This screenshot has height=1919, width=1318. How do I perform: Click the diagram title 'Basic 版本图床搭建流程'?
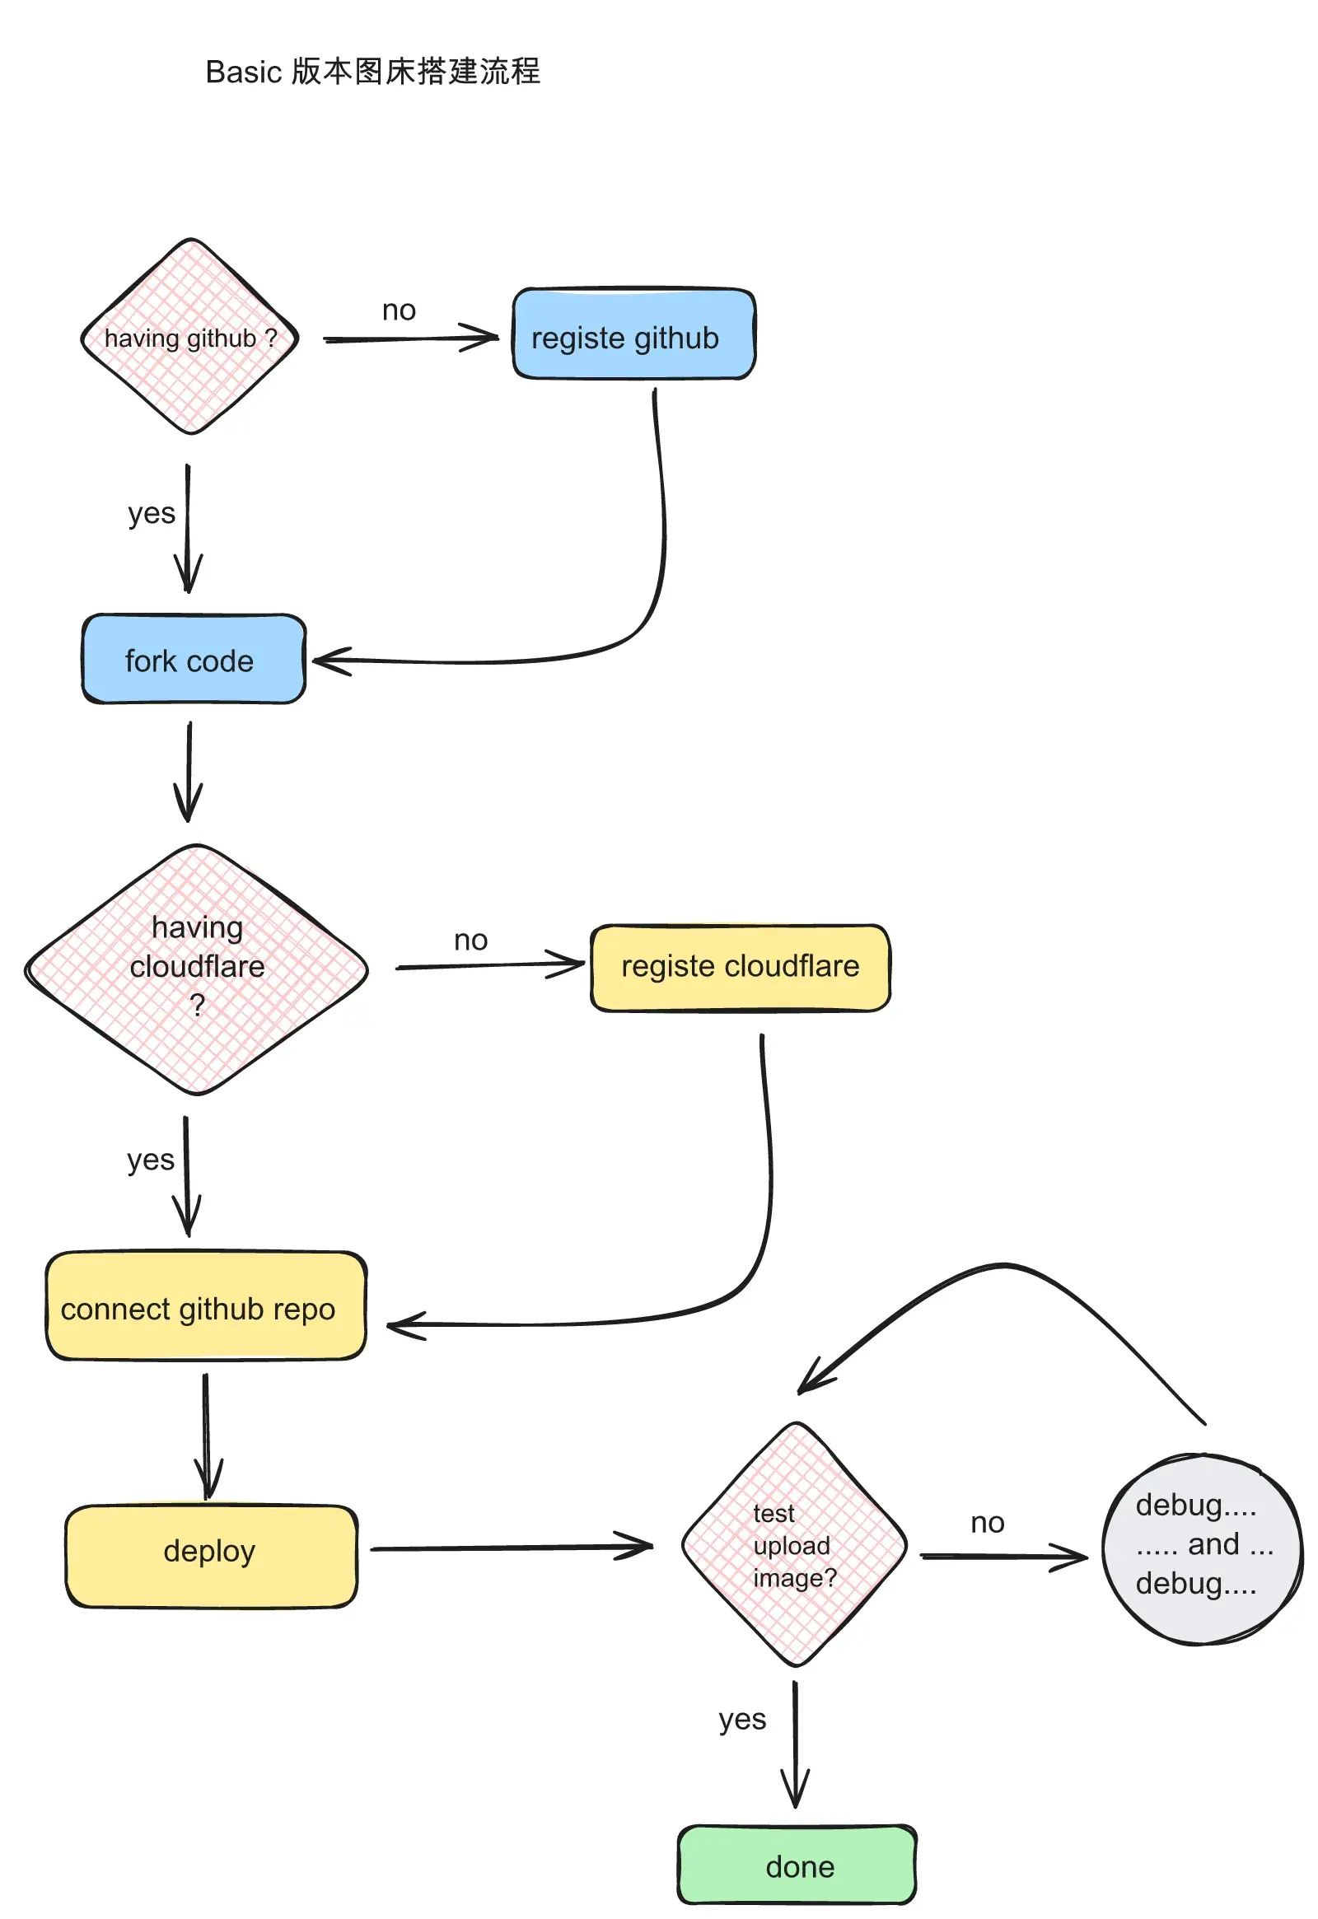pyautogui.click(x=372, y=72)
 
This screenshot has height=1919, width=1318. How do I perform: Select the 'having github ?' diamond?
pyautogui.click(x=190, y=337)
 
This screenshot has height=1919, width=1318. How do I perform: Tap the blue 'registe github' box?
pyautogui.click(x=633, y=334)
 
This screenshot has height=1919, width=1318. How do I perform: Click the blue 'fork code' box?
pyautogui.click(x=194, y=659)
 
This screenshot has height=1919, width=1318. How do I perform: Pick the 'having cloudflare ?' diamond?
pyautogui.click(x=197, y=969)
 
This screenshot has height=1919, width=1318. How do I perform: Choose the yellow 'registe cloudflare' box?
pyautogui.click(x=740, y=968)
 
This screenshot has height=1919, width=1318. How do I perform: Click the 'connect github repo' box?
pyautogui.click(x=206, y=1306)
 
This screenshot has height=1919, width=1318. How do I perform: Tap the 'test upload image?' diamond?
pyautogui.click(x=794, y=1544)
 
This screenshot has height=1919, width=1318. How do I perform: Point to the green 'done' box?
pyautogui.click(x=797, y=1865)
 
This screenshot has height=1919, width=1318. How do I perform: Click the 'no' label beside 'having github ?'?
pyautogui.click(x=399, y=310)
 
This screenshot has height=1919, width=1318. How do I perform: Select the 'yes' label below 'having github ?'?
pyautogui.click(x=151, y=514)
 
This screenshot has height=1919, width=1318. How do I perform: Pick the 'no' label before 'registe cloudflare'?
pyautogui.click(x=470, y=941)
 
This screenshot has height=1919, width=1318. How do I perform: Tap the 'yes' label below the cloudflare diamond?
pyautogui.click(x=150, y=1160)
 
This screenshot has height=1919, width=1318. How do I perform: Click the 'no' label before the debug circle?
pyautogui.click(x=988, y=1523)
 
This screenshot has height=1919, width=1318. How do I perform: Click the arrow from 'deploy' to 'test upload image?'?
pyautogui.click(x=512, y=1548)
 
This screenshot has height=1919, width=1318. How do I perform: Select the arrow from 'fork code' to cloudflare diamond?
pyautogui.click(x=189, y=771)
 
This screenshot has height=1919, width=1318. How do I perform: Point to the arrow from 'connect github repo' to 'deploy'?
pyautogui.click(x=207, y=1436)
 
